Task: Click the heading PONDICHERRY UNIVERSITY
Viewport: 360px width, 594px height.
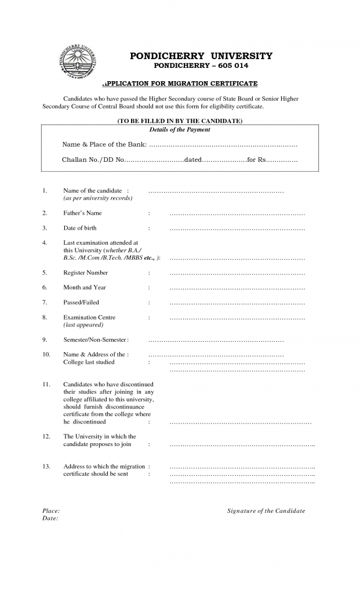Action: pos(201,56)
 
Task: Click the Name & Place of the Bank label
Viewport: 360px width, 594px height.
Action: pos(104,144)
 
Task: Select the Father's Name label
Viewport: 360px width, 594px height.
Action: pos(82,213)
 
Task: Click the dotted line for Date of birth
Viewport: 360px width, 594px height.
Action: pos(237,229)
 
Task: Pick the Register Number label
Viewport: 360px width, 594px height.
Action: pos(85,272)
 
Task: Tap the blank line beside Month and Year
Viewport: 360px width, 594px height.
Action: pos(237,288)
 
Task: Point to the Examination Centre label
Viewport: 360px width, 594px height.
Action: pos(89,317)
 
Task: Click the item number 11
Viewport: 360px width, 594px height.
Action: pos(46,384)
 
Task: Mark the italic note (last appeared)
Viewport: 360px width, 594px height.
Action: pos(83,325)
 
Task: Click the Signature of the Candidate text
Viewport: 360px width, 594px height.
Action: pos(266,511)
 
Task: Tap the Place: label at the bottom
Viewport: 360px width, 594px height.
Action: pos(51,511)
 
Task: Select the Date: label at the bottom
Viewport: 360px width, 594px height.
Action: pos(50,519)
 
